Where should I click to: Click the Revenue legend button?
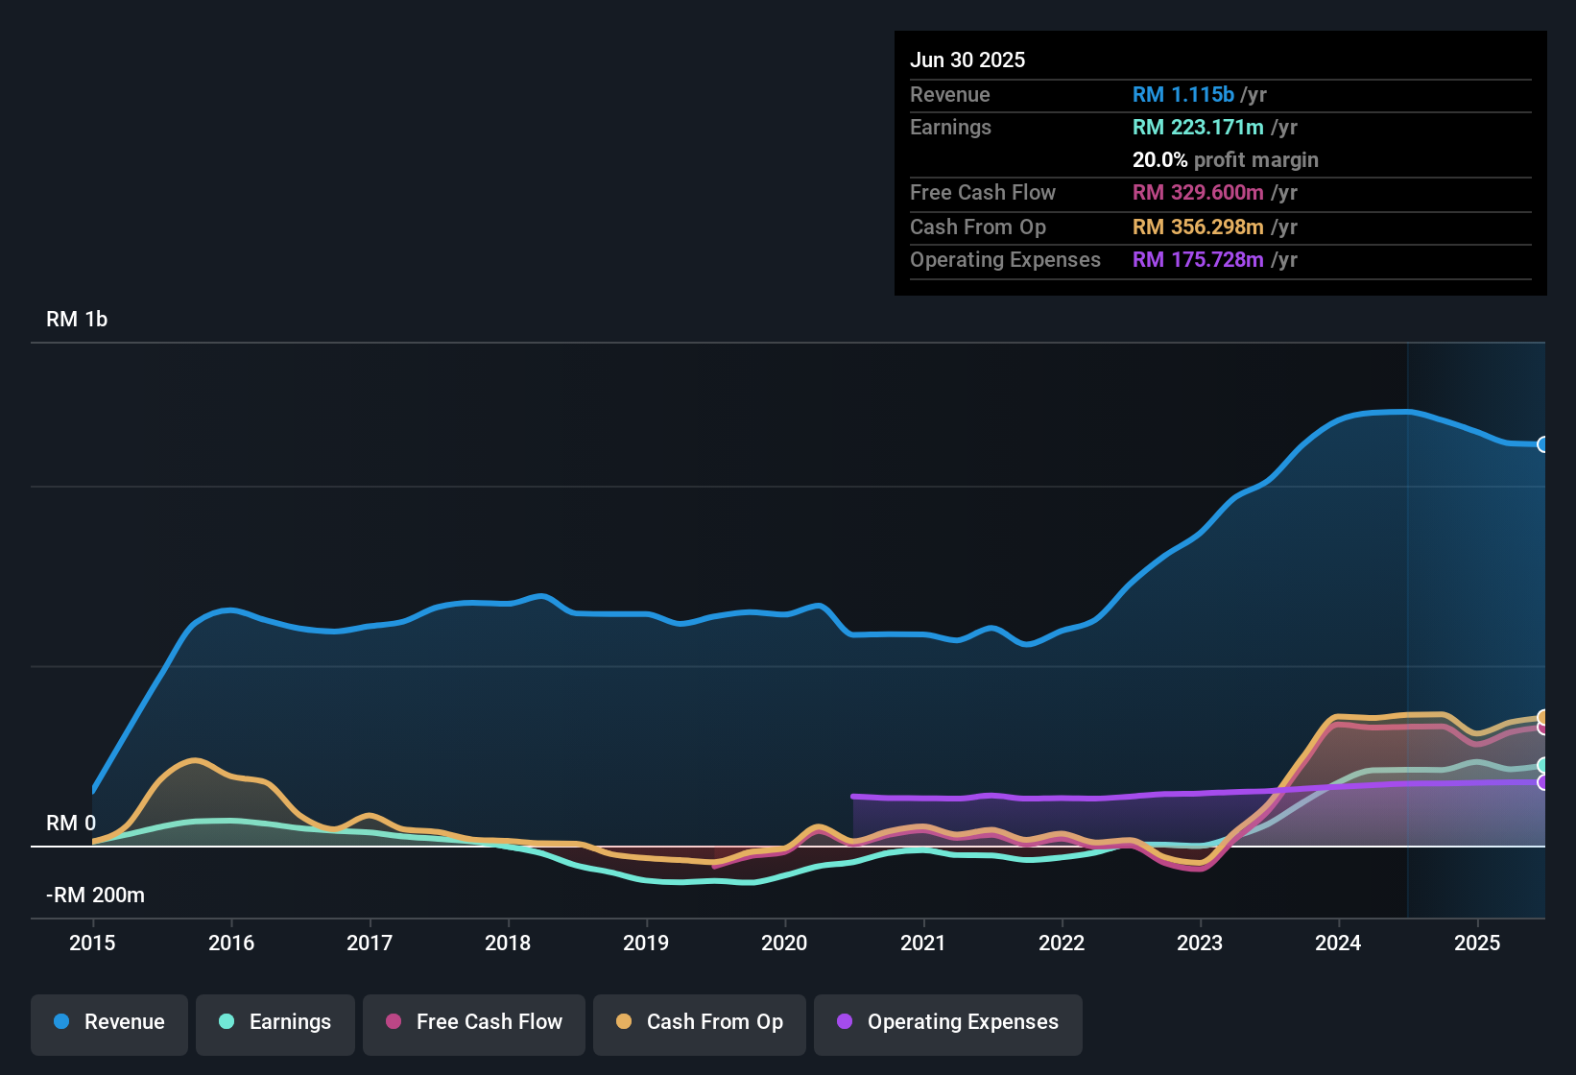point(109,1022)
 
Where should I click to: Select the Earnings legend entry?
point(275,1022)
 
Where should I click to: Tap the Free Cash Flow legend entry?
point(474,1022)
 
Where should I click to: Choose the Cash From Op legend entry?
point(700,1022)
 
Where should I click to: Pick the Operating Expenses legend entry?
point(948,1022)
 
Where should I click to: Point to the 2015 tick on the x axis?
point(92,943)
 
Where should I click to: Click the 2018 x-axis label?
point(508,943)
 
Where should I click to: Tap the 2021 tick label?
point(923,943)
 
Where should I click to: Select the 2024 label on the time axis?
point(1338,943)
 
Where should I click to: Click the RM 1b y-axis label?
point(77,320)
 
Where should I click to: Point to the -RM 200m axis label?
point(95,896)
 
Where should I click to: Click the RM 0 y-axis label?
point(71,824)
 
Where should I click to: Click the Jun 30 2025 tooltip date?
point(967,60)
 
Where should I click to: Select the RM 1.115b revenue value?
point(1182,95)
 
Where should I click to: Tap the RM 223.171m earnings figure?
point(1198,128)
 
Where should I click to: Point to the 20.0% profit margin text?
point(1225,160)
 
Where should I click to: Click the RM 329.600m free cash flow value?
point(1198,193)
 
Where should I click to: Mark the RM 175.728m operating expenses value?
point(1198,260)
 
